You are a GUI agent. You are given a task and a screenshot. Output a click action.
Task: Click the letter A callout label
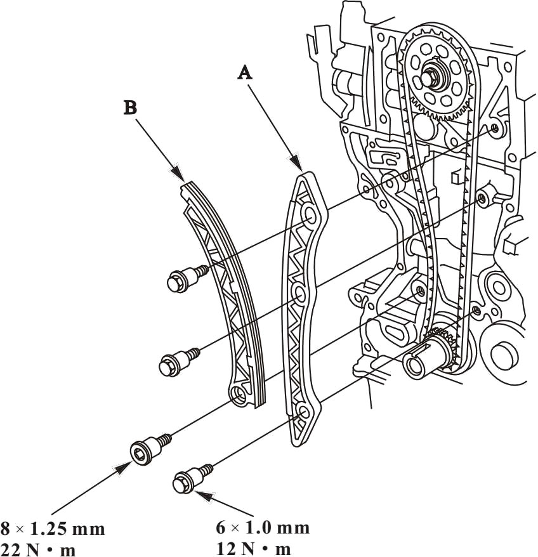pyautogui.click(x=245, y=73)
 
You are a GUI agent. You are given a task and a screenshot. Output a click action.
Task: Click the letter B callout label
pyautogui.click(x=131, y=107)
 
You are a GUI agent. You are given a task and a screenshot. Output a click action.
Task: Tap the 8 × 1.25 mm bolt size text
pyautogui.click(x=53, y=528)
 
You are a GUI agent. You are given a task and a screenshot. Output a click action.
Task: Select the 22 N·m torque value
pyautogui.click(x=37, y=549)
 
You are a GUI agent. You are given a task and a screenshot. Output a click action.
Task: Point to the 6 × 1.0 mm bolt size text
pyautogui.click(x=263, y=528)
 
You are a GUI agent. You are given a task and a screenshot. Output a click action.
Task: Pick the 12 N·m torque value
pyautogui.click(x=253, y=549)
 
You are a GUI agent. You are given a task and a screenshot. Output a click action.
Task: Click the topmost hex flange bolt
pyautogui.click(x=187, y=277)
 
